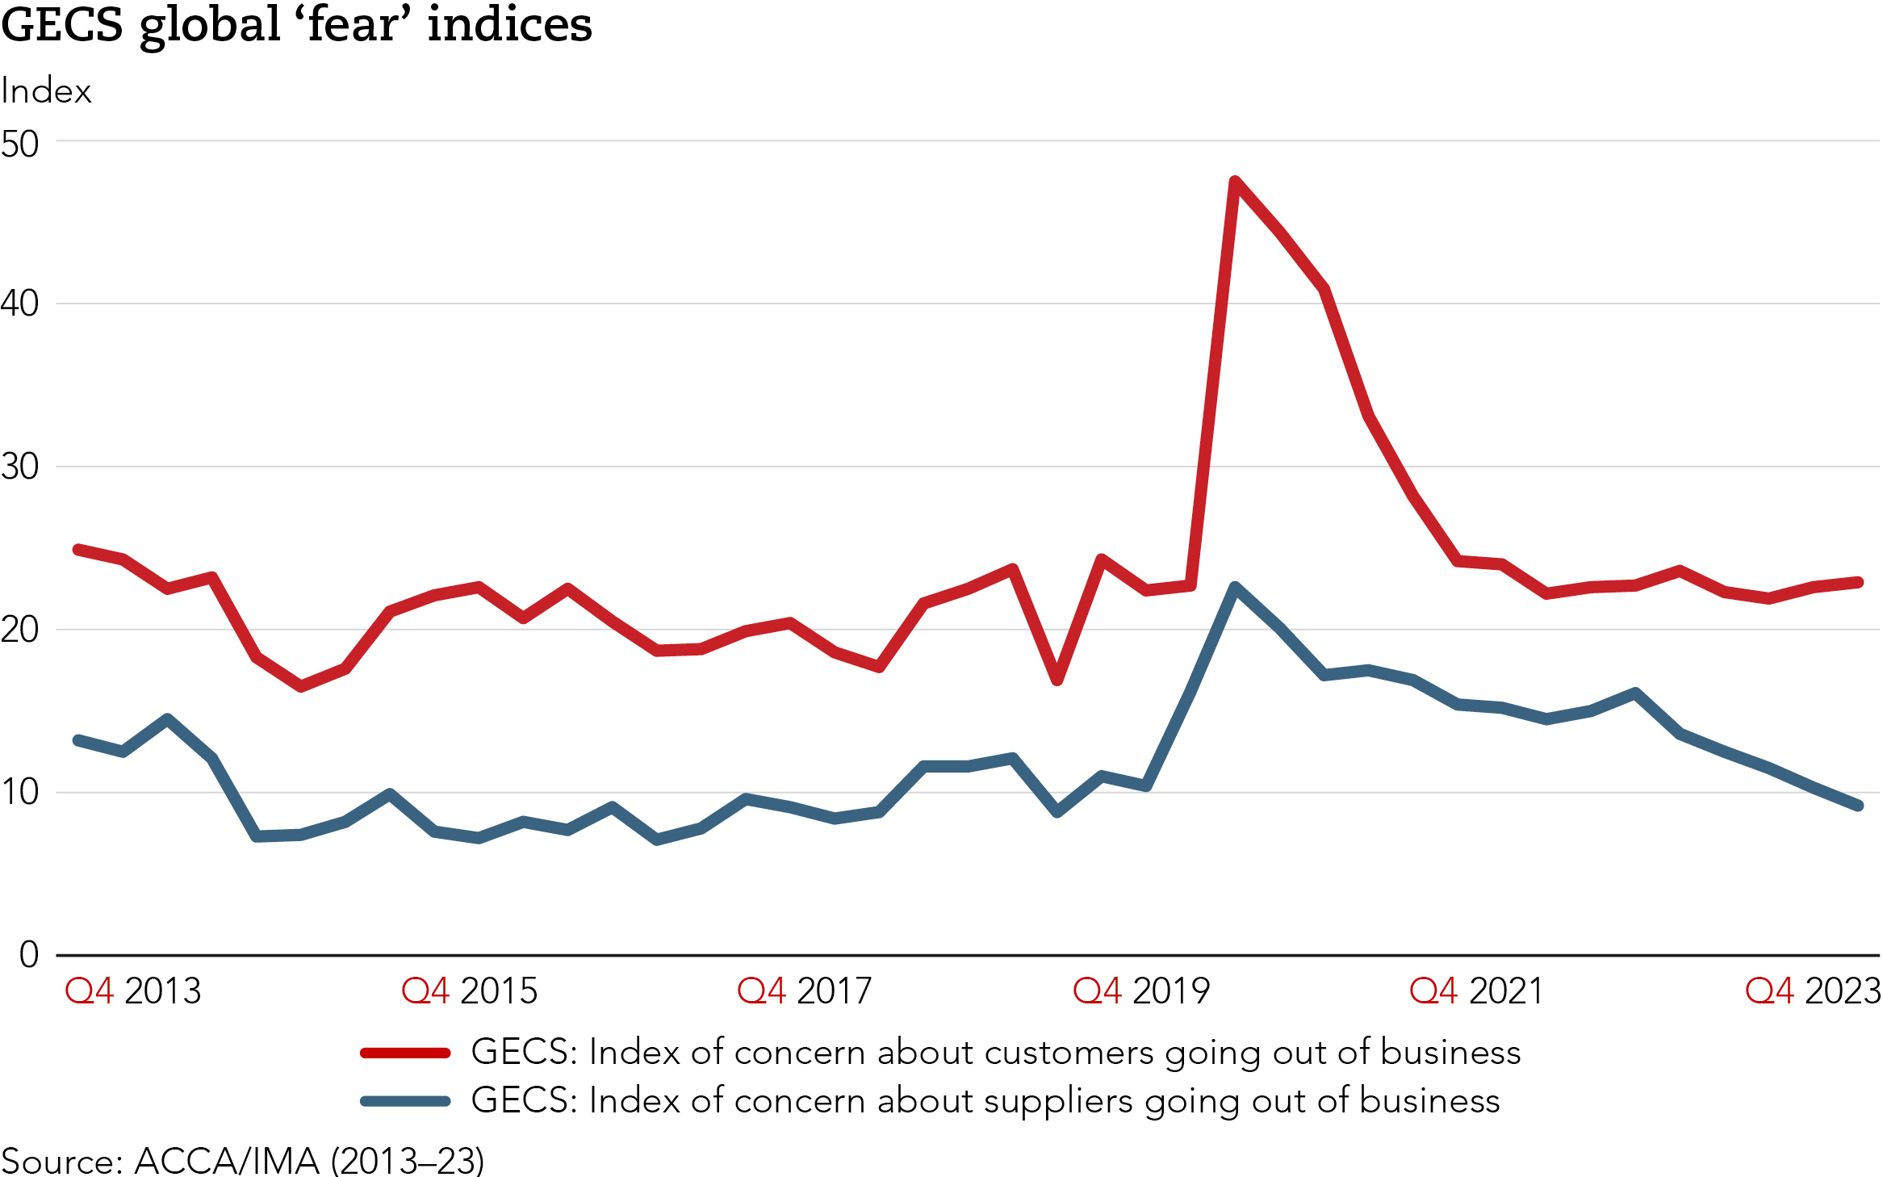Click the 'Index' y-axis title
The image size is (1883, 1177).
pyautogui.click(x=46, y=91)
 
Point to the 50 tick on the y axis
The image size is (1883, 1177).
pyautogui.click(x=20, y=145)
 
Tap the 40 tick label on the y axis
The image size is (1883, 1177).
pyautogui.click(x=20, y=304)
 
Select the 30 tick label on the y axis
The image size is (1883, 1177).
pyautogui.click(x=20, y=467)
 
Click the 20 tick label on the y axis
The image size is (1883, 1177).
pyautogui.click(x=20, y=630)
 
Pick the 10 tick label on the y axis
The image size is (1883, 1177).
pyautogui.click(x=20, y=792)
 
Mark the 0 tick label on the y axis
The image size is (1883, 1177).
pyautogui.click(x=29, y=955)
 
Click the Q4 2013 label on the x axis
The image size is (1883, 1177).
pyautogui.click(x=133, y=991)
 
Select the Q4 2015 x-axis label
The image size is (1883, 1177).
pyautogui.click(x=469, y=991)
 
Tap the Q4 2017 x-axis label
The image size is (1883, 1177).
pyautogui.click(x=805, y=991)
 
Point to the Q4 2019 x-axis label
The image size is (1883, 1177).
pyautogui.click(x=1141, y=991)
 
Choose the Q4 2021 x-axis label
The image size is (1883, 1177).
pyautogui.click(x=1476, y=991)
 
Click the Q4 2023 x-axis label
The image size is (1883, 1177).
pyautogui.click(x=1813, y=991)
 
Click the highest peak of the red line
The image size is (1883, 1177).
pyautogui.click(x=1235, y=182)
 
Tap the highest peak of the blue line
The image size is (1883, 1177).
pyautogui.click(x=1235, y=587)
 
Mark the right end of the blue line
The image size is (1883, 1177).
pyautogui.click(x=1859, y=806)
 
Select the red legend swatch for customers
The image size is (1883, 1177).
pyautogui.click(x=405, y=1053)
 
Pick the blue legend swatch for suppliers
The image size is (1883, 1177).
pyautogui.click(x=405, y=1101)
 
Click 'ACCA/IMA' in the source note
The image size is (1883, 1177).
pyautogui.click(x=227, y=1161)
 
